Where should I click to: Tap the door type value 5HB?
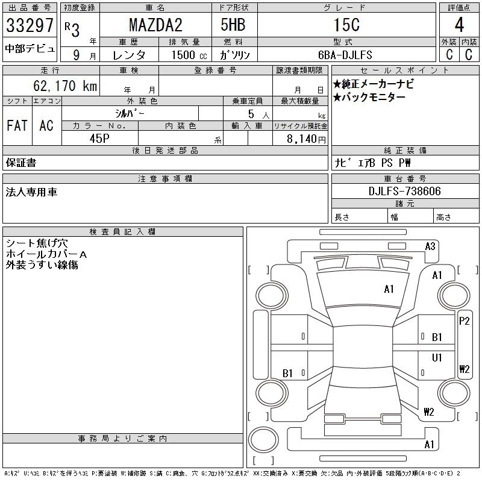233,25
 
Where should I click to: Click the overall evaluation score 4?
459,25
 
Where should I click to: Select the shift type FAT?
17,125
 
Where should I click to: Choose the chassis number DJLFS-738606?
404,192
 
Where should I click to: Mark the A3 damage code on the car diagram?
430,246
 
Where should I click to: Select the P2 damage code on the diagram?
464,321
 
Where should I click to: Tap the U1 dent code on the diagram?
437,357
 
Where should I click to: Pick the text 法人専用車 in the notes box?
31,192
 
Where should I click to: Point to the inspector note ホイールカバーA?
46,254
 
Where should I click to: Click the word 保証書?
20,163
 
